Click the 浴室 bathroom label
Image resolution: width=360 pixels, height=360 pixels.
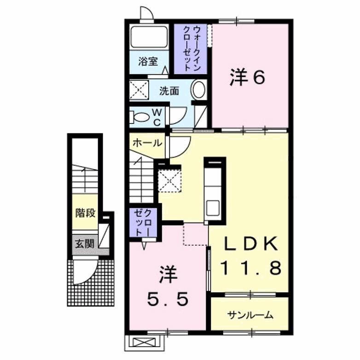147,61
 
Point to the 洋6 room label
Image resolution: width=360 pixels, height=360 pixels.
247,77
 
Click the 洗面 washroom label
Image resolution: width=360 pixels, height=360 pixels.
169,91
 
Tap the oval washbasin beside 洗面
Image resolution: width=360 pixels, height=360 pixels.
198,89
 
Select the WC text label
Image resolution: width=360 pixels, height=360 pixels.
156,117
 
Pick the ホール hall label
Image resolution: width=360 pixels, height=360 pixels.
147,143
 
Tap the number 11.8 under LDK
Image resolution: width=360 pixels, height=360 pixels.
250,268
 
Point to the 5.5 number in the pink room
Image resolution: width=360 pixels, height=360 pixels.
168,300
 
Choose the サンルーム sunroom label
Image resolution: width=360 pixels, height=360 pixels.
250,315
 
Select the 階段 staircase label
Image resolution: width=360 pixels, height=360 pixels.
86,213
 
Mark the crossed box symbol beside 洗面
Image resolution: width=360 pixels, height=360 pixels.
139,89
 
